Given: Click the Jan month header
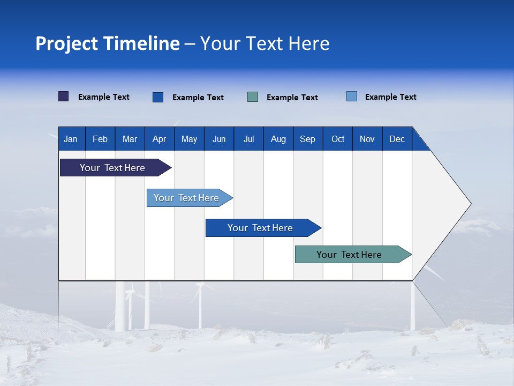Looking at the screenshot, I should pyautogui.click(x=71, y=139).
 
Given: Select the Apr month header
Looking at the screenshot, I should pyautogui.click(x=160, y=139).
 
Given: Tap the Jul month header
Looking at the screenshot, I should pyautogui.click(x=248, y=139).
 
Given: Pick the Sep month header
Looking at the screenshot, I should pyautogui.click(x=307, y=139).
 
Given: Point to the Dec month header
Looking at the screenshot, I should pyautogui.click(x=397, y=139).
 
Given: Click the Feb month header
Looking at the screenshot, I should pyautogui.click(x=100, y=139).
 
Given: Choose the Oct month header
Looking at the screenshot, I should pyautogui.click(x=338, y=139).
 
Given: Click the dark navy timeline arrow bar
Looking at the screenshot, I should pyautogui.click(x=112, y=168).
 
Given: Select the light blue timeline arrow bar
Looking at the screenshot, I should pyautogui.click(x=186, y=198).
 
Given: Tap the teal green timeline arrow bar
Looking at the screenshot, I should pyautogui.click(x=349, y=255).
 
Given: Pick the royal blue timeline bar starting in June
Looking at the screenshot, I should pyautogui.click(x=260, y=228).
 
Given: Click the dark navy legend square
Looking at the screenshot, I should pyautogui.click(x=64, y=96).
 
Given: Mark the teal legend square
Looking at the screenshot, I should pyautogui.click(x=253, y=97).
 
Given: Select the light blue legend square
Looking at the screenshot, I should pyautogui.click(x=352, y=96).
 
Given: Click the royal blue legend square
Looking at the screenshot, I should pyautogui.click(x=158, y=97).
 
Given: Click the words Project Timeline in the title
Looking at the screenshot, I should pyautogui.click(x=108, y=43).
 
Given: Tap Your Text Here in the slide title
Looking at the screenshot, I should pyautogui.click(x=264, y=43).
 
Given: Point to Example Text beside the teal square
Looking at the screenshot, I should pyautogui.click(x=292, y=98).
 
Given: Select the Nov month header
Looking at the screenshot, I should pyautogui.click(x=367, y=139).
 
